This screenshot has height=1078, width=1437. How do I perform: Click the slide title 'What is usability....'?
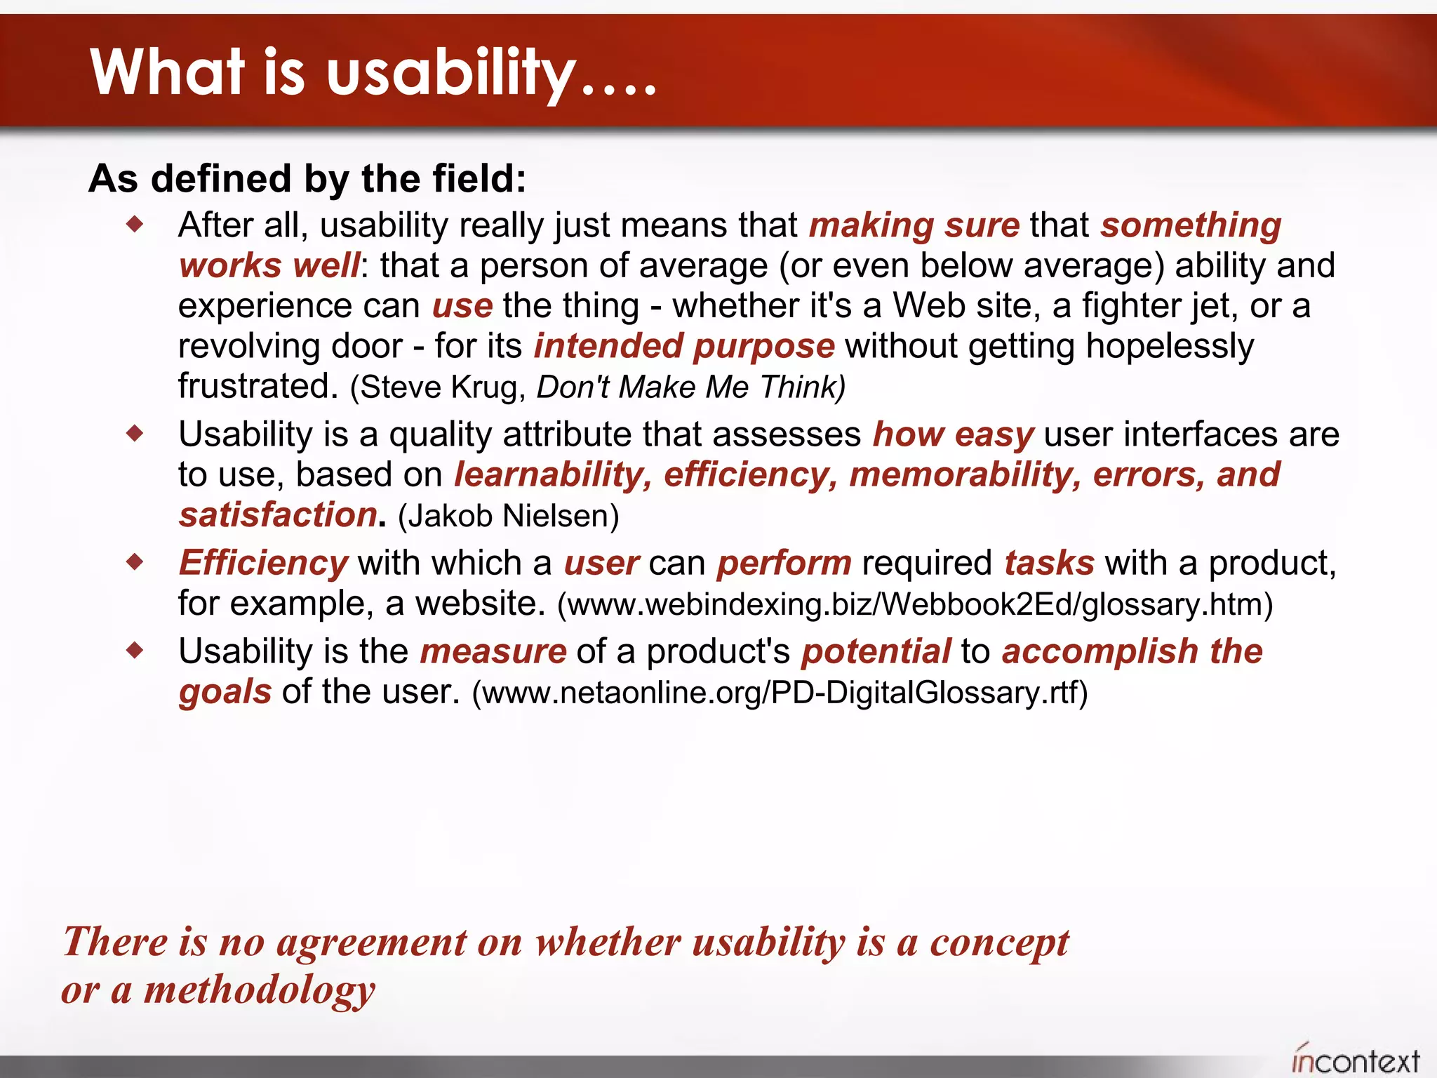(x=373, y=72)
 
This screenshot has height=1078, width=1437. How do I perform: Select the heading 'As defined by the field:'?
(x=307, y=178)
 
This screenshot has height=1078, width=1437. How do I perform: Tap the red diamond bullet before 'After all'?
(x=135, y=225)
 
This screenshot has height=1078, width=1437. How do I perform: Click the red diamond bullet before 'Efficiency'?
(x=135, y=561)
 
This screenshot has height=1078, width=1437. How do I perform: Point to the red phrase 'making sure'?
(x=914, y=225)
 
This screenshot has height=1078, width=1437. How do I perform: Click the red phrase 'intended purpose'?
(x=684, y=346)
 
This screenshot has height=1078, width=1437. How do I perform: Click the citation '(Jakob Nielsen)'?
(x=508, y=516)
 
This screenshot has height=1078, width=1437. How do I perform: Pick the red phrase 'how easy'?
(x=953, y=434)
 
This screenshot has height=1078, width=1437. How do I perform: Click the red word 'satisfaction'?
(x=278, y=515)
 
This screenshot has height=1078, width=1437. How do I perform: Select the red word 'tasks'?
(x=1048, y=563)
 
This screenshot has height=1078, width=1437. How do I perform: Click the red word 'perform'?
(x=784, y=563)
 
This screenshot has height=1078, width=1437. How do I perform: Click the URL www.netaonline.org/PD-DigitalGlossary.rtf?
(x=780, y=693)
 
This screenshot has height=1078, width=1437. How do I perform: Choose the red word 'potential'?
(x=876, y=651)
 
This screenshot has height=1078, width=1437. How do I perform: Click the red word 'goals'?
(x=225, y=692)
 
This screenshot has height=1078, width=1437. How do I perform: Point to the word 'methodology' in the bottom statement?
(x=260, y=990)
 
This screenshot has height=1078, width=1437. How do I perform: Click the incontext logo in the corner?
(x=1355, y=1060)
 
